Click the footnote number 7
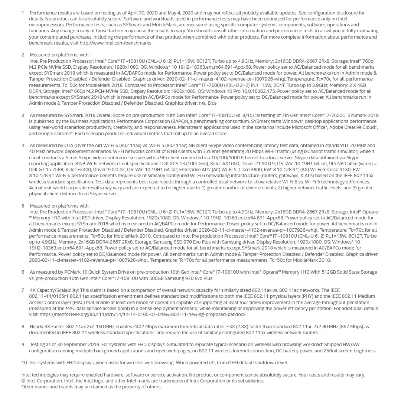point(23,290)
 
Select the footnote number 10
point(24,362)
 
